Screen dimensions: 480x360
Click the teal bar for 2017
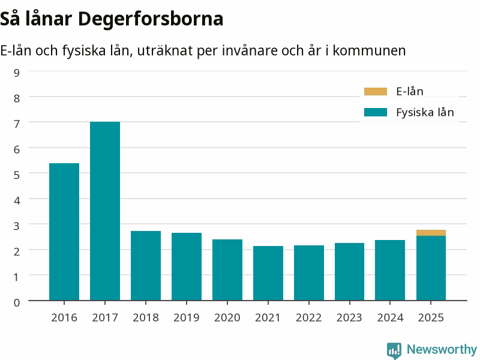[x=105, y=211]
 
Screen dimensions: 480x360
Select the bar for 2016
[x=64, y=232]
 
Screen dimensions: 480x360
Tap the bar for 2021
[x=268, y=273]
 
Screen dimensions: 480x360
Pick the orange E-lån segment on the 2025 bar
[x=431, y=233]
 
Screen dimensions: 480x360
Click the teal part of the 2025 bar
[x=431, y=268]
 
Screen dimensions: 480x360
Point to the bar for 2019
[x=187, y=266]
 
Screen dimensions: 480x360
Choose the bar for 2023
[x=350, y=272]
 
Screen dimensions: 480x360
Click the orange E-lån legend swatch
[x=376, y=91]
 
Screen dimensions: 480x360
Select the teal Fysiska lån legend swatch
[x=376, y=112]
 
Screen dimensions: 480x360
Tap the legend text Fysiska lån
[x=425, y=112]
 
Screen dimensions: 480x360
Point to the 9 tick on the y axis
[x=17, y=73]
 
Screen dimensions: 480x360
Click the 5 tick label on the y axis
[x=17, y=175]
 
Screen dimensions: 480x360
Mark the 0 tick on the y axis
[x=17, y=302]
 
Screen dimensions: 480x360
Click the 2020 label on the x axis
[x=227, y=317]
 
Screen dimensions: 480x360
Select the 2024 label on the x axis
[x=390, y=317]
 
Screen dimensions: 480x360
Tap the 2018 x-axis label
[x=146, y=317]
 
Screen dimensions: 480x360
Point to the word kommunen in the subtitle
[x=369, y=50]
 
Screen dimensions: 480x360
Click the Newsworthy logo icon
[x=394, y=350]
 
